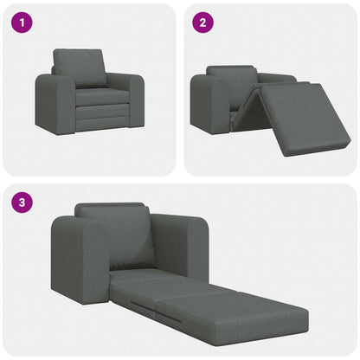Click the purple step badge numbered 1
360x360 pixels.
(21, 23)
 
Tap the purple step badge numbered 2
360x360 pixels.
(202, 23)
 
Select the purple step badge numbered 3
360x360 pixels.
(21, 204)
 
